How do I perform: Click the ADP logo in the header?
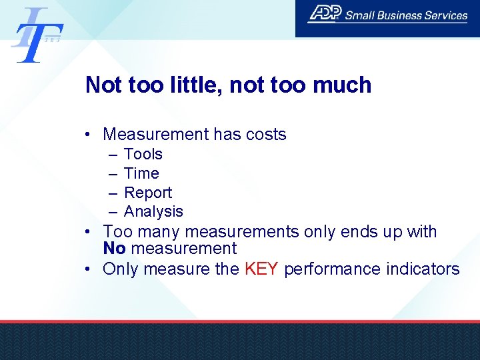[x=324, y=14]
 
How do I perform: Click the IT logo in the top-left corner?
[x=37, y=35]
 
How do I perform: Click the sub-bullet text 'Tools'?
[x=143, y=154]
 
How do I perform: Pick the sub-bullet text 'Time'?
[x=141, y=173]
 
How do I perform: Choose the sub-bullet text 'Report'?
[x=148, y=193]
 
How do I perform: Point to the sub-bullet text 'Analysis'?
[x=153, y=211]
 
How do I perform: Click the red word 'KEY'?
[x=261, y=269]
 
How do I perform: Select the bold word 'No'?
[x=114, y=249]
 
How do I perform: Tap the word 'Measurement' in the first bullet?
[x=156, y=134]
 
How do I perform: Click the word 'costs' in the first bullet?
[x=265, y=134]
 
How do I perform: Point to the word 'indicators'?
[x=425, y=269]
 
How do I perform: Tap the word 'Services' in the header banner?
[x=447, y=15]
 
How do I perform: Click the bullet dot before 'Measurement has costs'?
[x=89, y=135]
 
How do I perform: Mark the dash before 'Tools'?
[x=111, y=154]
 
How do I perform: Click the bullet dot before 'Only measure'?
[x=89, y=269]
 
